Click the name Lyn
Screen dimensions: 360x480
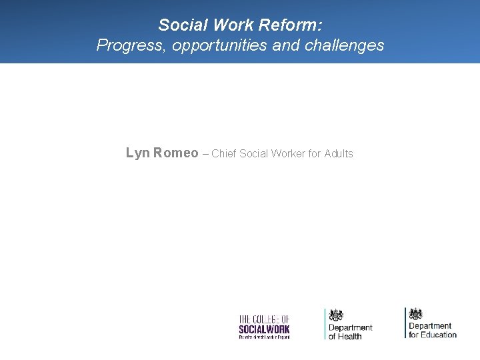click(138, 153)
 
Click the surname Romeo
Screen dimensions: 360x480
click(176, 153)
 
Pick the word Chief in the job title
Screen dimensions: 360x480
click(224, 154)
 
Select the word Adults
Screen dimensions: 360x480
click(339, 154)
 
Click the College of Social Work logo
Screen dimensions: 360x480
click(264, 327)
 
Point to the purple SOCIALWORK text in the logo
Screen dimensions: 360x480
click(264, 329)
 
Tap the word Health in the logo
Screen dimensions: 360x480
click(351, 336)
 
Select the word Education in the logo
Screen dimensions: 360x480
click(439, 335)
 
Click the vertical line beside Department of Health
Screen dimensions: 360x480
click(325, 324)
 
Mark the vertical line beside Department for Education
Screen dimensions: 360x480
click(405, 323)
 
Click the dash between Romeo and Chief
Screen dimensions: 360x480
click(205, 154)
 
